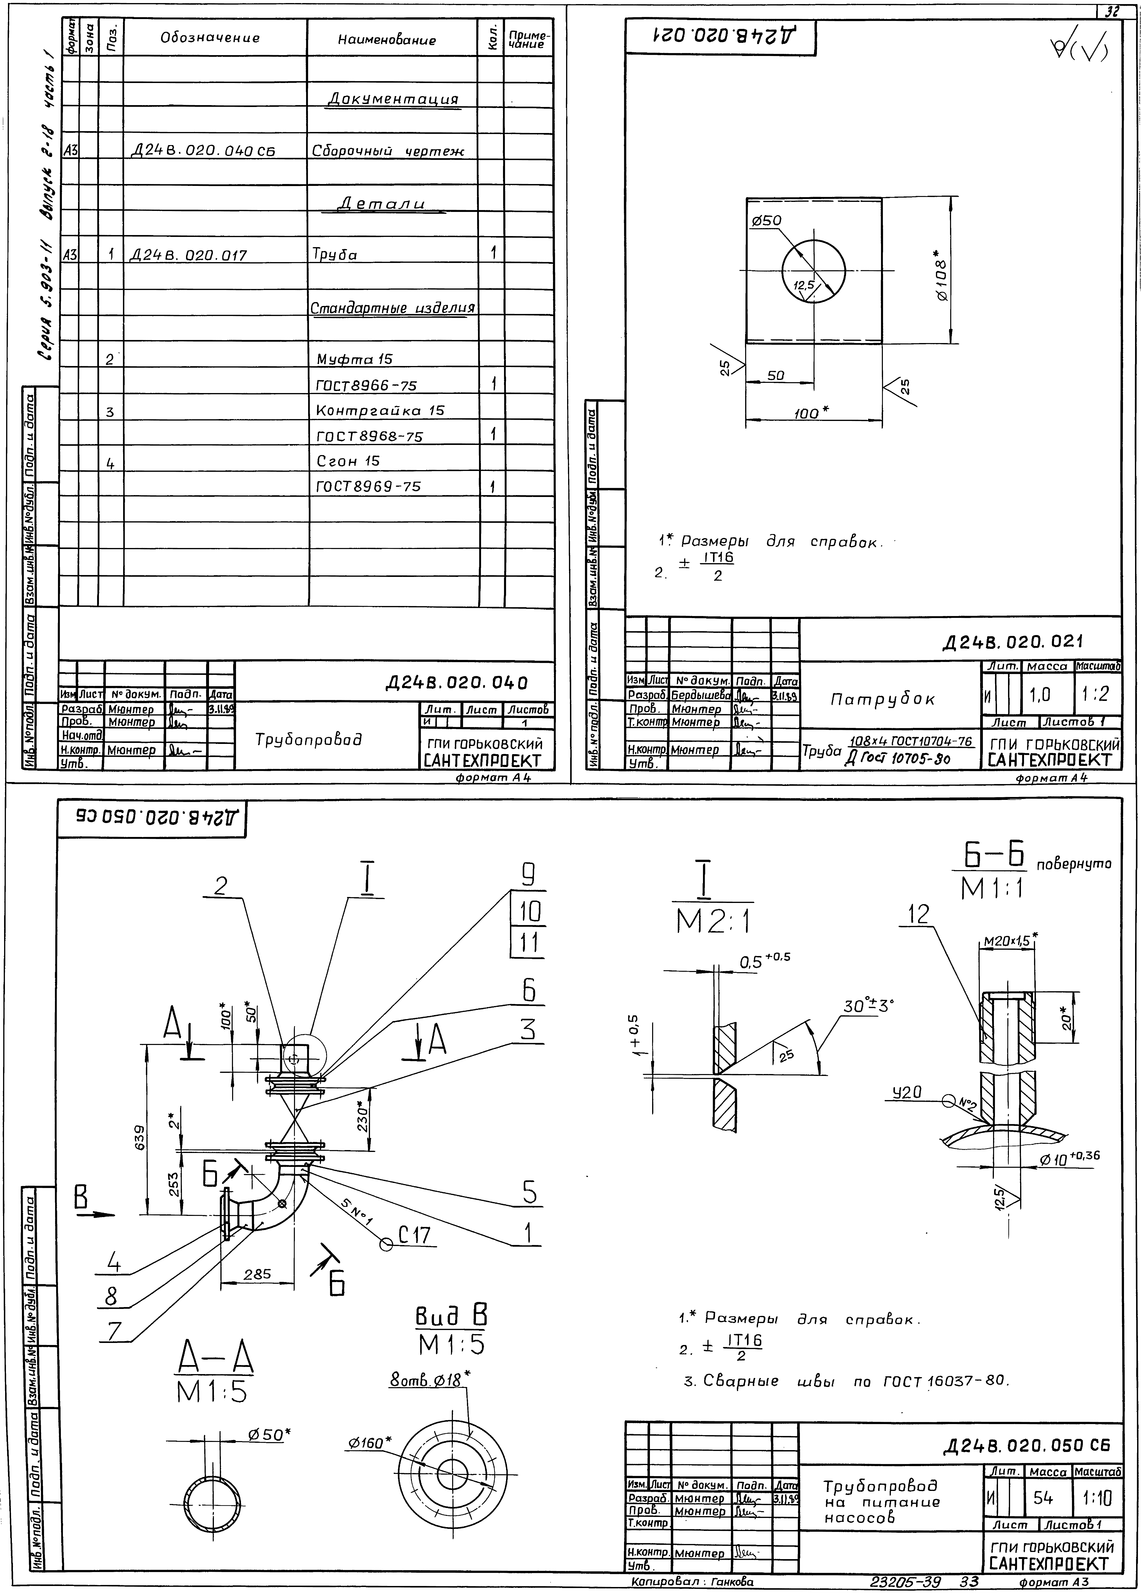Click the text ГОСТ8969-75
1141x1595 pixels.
click(x=369, y=486)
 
